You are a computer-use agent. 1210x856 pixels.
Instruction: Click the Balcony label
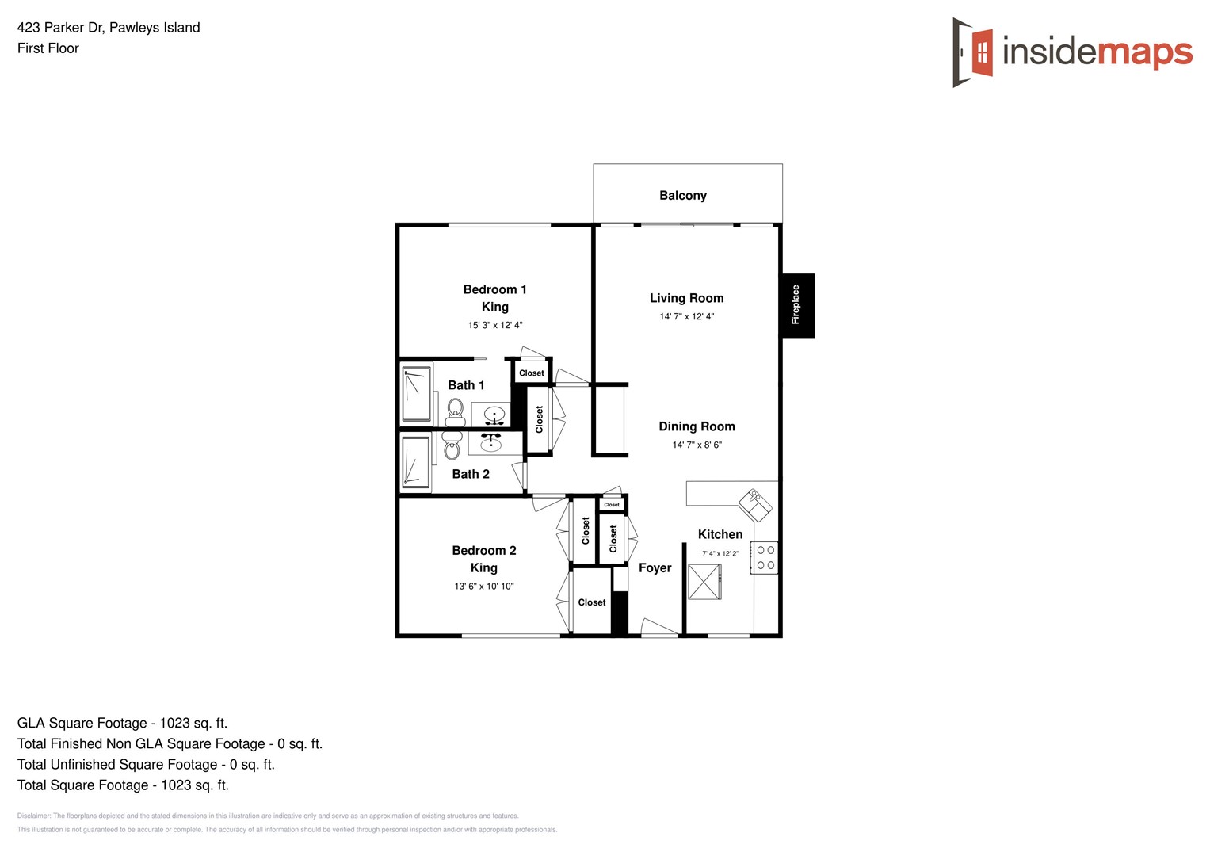pyautogui.click(x=682, y=196)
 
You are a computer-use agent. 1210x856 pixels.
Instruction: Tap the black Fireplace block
pyautogui.click(x=797, y=306)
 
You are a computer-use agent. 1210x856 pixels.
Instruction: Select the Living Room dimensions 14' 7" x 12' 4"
pyautogui.click(x=686, y=317)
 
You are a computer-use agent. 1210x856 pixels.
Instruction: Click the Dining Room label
pyautogui.click(x=697, y=426)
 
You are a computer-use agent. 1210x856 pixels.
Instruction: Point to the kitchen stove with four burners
pyautogui.click(x=765, y=558)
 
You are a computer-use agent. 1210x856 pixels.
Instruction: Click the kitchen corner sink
pyautogui.click(x=755, y=504)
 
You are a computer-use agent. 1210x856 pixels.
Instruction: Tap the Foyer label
pyautogui.click(x=655, y=568)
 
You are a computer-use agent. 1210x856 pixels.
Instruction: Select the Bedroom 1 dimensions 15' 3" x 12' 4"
pyautogui.click(x=494, y=326)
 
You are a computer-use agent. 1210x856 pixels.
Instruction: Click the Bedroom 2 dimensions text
pyautogui.click(x=483, y=587)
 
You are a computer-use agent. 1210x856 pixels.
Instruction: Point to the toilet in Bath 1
pyautogui.click(x=456, y=411)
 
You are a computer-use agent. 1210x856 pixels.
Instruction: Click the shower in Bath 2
pyautogui.click(x=415, y=462)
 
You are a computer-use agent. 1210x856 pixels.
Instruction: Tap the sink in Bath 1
pyautogui.click(x=494, y=415)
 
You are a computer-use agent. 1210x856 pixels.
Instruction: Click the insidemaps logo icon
pyautogui.click(x=973, y=52)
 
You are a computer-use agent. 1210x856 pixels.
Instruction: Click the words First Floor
pyautogui.click(x=48, y=48)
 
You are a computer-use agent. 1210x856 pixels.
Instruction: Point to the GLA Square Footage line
pyautogui.click(x=122, y=724)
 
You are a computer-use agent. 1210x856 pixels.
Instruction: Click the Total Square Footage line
pyautogui.click(x=123, y=785)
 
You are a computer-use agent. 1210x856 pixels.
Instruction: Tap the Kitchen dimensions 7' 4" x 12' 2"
pyautogui.click(x=720, y=554)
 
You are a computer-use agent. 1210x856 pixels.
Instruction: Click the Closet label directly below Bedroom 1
pyautogui.click(x=531, y=373)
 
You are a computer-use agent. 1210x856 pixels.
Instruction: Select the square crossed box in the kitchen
pyautogui.click(x=704, y=583)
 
